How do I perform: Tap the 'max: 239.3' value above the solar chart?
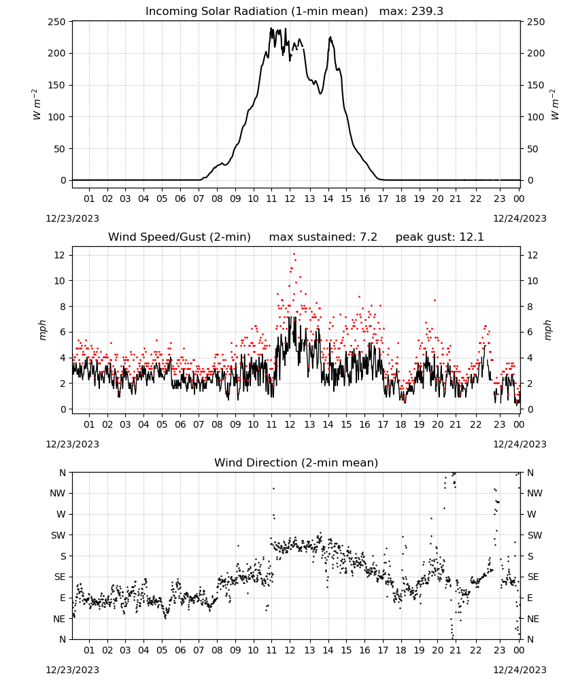tap(411, 12)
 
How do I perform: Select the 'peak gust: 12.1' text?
tap(439, 237)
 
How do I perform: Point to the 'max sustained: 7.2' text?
tap(323, 237)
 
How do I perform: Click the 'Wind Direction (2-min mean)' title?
tap(296, 462)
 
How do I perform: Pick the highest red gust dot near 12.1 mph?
tap(294, 254)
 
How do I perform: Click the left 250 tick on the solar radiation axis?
tap(57, 22)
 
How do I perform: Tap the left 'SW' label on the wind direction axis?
tap(58, 535)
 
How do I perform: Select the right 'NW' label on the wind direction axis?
tap(534, 493)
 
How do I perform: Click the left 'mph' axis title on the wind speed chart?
tap(42, 330)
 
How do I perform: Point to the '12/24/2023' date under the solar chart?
tap(520, 218)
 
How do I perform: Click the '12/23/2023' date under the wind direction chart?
tap(72, 670)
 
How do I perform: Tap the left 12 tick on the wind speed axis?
tap(60, 255)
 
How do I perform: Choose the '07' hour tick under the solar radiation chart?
tap(199, 199)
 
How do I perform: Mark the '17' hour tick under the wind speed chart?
tap(383, 424)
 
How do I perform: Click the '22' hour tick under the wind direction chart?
tap(476, 650)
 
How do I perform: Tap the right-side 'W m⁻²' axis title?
tap(555, 105)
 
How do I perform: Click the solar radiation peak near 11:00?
tap(271, 28)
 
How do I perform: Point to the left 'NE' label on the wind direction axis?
tap(59, 619)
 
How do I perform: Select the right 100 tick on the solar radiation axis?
tap(536, 117)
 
